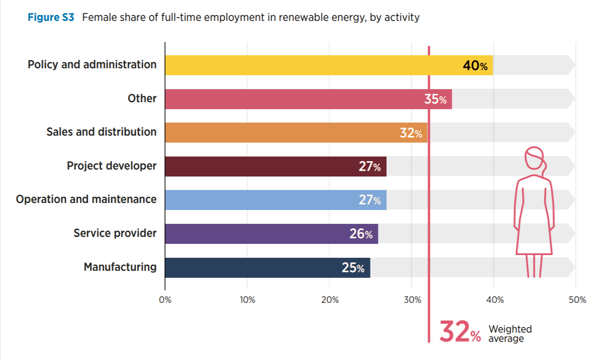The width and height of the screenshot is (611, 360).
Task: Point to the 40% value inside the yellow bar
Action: click(x=475, y=66)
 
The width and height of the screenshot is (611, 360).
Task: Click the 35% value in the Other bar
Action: click(x=435, y=99)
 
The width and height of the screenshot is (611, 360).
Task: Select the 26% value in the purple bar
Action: click(x=361, y=234)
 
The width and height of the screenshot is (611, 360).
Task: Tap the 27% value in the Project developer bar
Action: click(x=370, y=167)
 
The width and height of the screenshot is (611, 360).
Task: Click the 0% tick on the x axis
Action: click(x=165, y=300)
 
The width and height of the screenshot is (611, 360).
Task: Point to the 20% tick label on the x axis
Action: click(x=329, y=300)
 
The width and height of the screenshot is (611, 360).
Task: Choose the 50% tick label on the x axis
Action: click(x=577, y=300)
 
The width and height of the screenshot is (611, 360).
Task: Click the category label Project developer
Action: click(x=111, y=166)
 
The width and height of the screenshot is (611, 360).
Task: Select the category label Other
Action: click(x=142, y=98)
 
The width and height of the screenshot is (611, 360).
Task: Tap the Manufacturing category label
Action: click(x=120, y=267)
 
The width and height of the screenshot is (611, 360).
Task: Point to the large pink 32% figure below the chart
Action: click(x=460, y=332)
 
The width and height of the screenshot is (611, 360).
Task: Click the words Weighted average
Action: click(x=510, y=334)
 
